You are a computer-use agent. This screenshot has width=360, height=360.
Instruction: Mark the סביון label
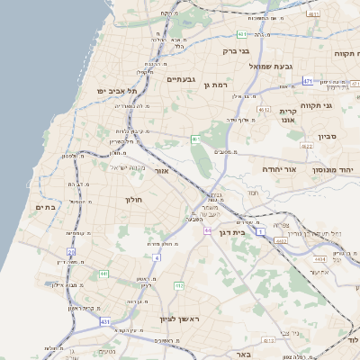pos(327,139)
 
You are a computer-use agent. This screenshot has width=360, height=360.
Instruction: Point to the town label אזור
pos(162,170)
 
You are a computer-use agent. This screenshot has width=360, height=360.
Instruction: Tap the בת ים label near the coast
pos(46,207)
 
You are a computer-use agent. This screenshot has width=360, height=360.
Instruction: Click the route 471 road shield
pos(308,81)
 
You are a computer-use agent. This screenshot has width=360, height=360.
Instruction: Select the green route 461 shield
pos(195,139)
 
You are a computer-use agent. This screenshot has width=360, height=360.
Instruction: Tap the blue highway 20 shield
pos(71,252)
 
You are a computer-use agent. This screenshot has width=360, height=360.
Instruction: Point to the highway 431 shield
pos(105,320)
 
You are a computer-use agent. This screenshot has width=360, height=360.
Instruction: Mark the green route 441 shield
pos(104,274)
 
